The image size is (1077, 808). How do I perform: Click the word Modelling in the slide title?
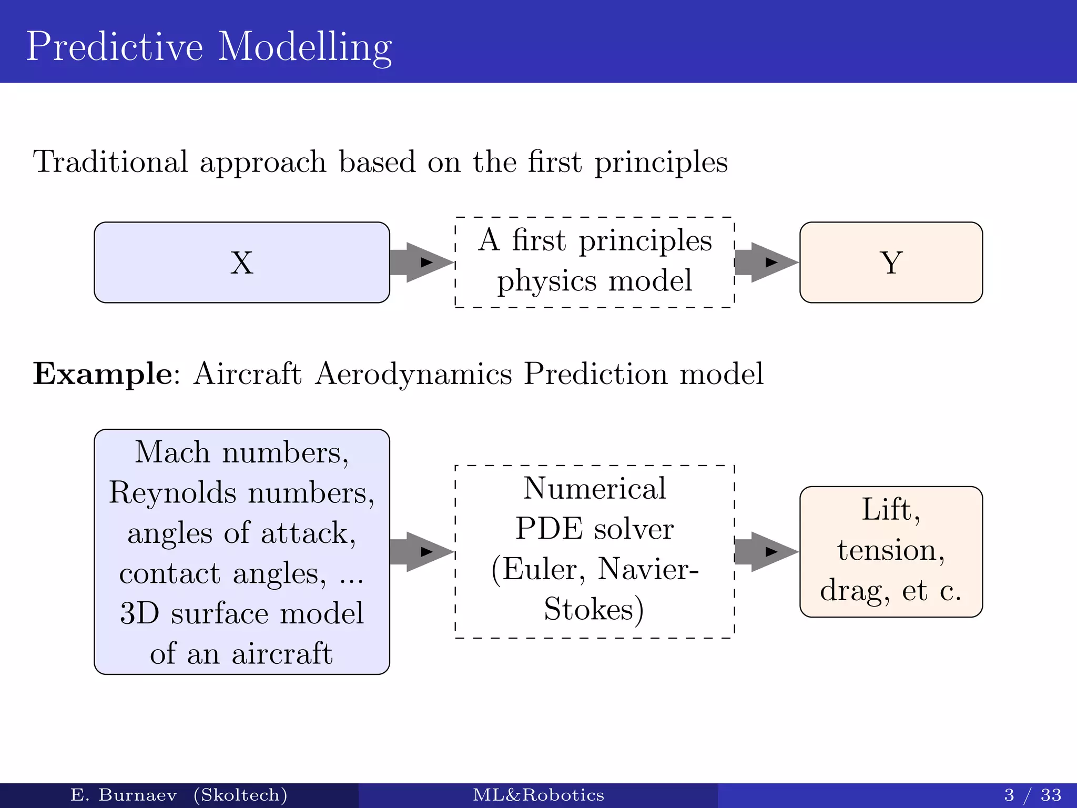pos(304,47)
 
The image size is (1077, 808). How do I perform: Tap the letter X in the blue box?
pos(241,262)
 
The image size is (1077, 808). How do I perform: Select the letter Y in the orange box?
pos(891,262)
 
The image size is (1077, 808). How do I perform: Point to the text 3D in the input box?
pos(139,613)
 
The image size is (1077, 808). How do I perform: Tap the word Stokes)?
pos(594,610)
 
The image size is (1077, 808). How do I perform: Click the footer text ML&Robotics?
pos(538,795)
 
